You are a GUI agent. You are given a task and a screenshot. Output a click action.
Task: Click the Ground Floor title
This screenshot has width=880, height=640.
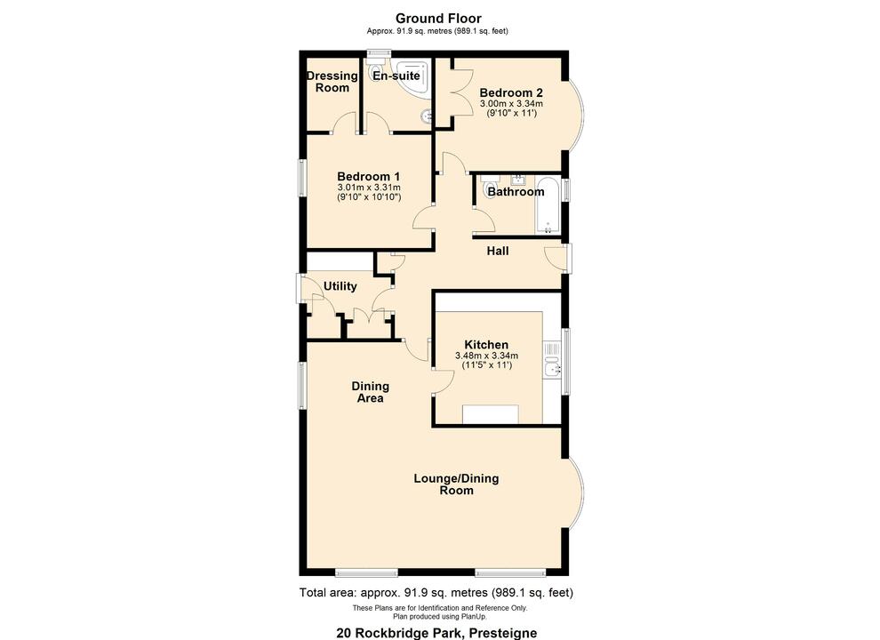click(x=438, y=18)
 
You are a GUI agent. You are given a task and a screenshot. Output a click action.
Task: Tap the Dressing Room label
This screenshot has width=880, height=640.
click(x=332, y=82)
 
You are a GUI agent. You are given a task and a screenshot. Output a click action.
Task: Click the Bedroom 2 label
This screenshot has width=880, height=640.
click(x=511, y=92)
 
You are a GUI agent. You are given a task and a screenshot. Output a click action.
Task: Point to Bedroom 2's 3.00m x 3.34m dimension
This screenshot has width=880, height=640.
click(x=511, y=104)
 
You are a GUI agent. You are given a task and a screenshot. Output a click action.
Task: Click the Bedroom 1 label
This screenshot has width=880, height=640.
click(x=369, y=176)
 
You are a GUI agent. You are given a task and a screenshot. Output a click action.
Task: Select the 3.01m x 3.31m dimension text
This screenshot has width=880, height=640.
click(x=369, y=188)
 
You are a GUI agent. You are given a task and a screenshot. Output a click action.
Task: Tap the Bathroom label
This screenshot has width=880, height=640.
click(x=516, y=192)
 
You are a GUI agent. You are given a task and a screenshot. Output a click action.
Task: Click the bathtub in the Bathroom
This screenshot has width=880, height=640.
click(x=548, y=204)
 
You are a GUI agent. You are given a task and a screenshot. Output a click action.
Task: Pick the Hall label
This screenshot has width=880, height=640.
click(x=498, y=252)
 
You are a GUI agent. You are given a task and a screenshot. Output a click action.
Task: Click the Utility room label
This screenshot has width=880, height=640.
click(x=340, y=286)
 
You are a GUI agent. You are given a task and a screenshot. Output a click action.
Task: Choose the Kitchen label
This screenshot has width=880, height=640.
click(x=486, y=345)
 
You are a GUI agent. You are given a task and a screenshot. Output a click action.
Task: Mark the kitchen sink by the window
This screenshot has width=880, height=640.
click(x=554, y=368)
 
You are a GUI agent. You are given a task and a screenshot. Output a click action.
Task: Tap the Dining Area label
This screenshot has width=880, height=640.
click(x=370, y=392)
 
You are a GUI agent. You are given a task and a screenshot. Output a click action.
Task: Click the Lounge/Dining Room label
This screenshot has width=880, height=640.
click(x=456, y=484)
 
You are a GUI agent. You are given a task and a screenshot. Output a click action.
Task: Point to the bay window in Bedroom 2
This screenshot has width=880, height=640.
click(x=576, y=114)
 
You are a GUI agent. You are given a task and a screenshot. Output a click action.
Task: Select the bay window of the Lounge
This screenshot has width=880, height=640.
click(x=576, y=492)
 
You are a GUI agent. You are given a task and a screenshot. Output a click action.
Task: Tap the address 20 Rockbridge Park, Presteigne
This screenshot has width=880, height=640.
click(x=436, y=633)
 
